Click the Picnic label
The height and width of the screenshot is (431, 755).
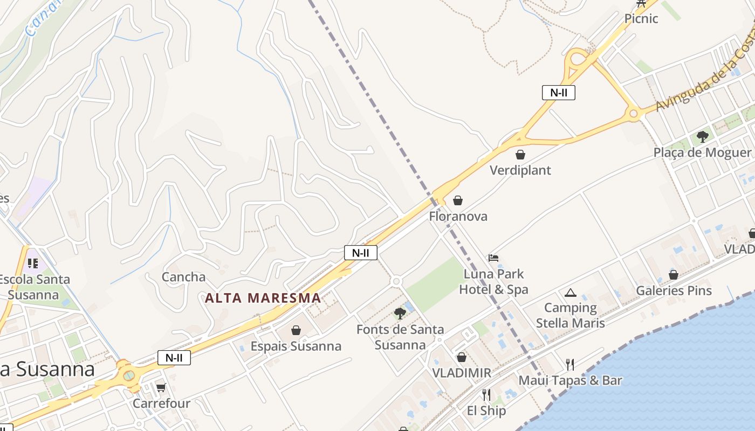pos(641,19)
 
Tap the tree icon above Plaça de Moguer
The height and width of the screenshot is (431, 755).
pos(702,137)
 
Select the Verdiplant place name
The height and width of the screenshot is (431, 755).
pos(520,170)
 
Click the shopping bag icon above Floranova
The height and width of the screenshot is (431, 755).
pos(458,201)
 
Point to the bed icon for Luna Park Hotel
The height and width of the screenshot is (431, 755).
pos(493,258)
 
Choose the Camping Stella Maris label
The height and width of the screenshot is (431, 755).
pos(570,315)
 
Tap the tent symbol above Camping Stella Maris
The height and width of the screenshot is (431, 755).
pos(570,293)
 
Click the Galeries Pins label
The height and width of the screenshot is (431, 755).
pos(674,291)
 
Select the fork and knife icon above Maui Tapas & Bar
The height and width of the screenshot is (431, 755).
pos(569,365)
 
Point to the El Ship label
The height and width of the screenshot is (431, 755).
pos(486,411)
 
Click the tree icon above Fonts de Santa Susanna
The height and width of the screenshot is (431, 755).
pos(400,314)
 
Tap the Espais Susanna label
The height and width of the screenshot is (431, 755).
pos(296,346)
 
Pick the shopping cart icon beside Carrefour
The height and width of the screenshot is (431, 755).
pos(161,387)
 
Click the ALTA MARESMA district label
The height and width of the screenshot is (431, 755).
pos(263,298)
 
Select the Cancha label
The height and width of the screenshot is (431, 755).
pos(184,277)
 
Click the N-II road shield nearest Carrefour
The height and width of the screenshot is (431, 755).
pos(174,357)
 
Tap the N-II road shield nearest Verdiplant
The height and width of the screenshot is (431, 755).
pos(558,93)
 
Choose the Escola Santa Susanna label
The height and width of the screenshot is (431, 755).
pos(35,287)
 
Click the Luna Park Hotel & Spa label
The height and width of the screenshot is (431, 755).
pos(493,282)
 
